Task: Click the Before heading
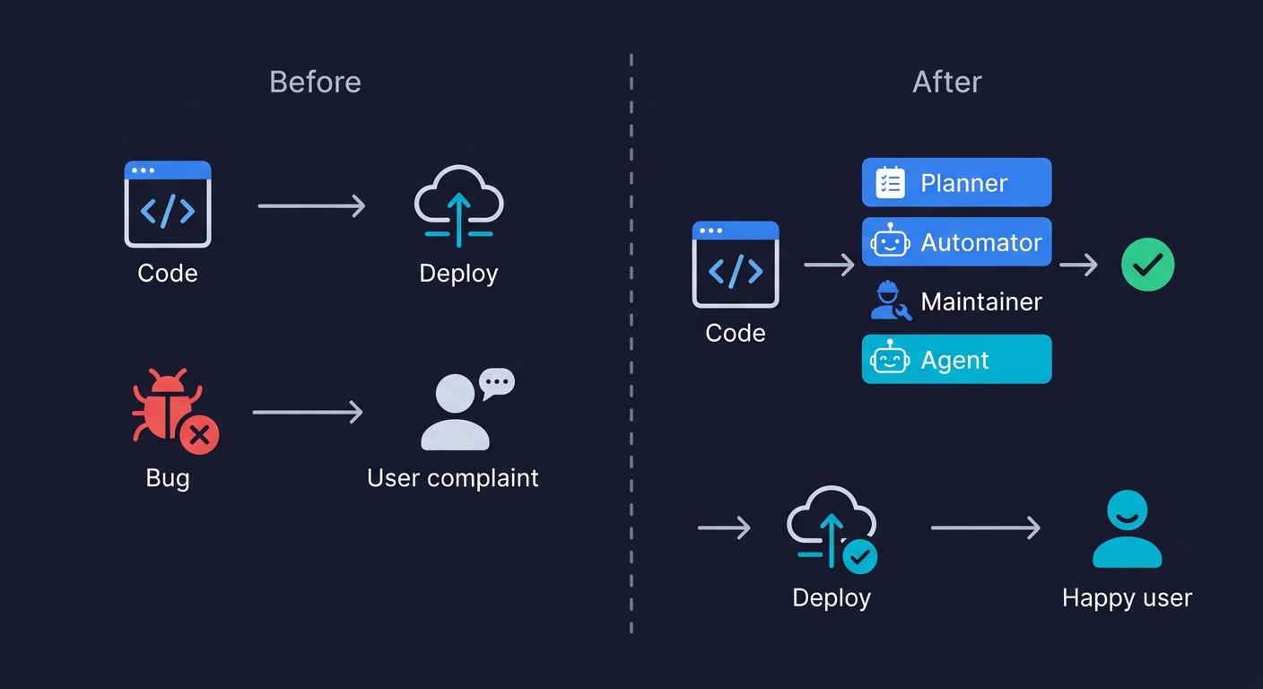coord(315,83)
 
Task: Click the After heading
coord(946,83)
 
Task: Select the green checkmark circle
coord(1147,265)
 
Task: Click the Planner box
coord(956,183)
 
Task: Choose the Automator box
coord(956,242)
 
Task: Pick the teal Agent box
coord(956,360)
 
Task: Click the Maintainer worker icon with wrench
coord(890,301)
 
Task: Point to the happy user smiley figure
coord(1127,528)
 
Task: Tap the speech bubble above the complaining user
coord(496,383)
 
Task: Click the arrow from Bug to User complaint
coord(308,413)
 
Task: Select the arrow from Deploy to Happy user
coord(985,528)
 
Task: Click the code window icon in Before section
coord(168,205)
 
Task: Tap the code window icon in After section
coord(736,265)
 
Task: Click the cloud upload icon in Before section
coord(458,205)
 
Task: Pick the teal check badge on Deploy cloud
coord(859,556)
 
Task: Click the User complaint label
coord(453,478)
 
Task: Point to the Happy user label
coord(1127,598)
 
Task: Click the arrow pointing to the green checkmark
coord(1078,265)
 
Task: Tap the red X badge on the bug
coord(199,436)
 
